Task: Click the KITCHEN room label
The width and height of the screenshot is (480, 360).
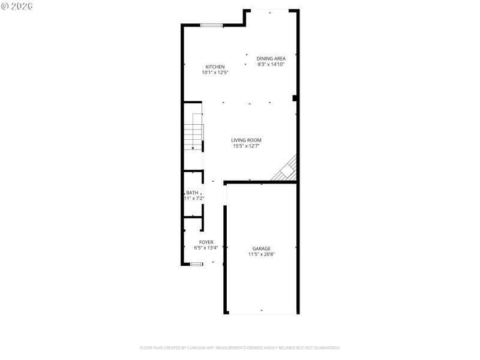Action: [215, 67]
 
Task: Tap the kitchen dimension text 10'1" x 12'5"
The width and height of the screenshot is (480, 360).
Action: [215, 73]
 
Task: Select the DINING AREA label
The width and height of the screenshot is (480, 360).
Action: [271, 58]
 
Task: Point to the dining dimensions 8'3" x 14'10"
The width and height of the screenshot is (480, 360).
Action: [271, 64]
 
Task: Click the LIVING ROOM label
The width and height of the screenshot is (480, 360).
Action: [246, 140]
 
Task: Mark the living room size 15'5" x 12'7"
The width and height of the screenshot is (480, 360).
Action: [246, 146]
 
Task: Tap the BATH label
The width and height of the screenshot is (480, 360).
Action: [192, 193]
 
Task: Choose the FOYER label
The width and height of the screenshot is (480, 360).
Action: [206, 242]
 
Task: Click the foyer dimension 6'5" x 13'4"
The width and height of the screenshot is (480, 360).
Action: [206, 248]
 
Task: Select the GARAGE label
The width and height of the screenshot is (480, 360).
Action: [261, 248]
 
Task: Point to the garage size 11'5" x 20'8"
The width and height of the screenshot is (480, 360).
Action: [261, 254]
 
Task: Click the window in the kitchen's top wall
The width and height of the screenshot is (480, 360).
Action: [211, 25]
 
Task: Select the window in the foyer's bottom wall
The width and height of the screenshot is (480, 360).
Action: [197, 264]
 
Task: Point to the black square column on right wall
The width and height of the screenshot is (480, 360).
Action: [295, 98]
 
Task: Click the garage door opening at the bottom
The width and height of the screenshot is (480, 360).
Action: [262, 313]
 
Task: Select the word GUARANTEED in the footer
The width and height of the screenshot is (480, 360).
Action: [325, 347]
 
